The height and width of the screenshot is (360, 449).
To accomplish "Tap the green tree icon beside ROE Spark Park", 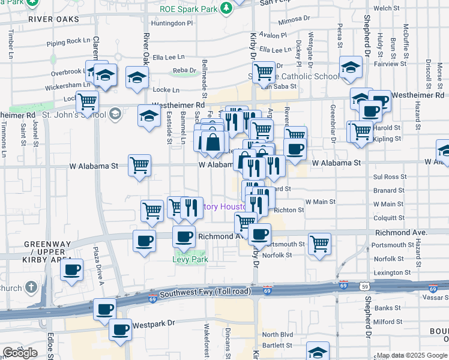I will [x=226, y=8].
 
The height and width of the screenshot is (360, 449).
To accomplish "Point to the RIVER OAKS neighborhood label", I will [x=53, y=19].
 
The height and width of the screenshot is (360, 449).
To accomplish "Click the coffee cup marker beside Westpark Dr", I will [x=120, y=329].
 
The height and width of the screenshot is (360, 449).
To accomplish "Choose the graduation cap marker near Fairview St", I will [x=351, y=68].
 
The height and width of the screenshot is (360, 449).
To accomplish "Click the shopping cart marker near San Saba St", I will [x=264, y=72].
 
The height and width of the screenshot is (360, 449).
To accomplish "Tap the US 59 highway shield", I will [x=365, y=286].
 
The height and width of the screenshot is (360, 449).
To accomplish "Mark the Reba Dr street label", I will [x=184, y=70].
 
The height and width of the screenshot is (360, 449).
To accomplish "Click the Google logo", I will [x=20, y=353].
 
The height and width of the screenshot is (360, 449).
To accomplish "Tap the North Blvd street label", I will [x=277, y=334].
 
